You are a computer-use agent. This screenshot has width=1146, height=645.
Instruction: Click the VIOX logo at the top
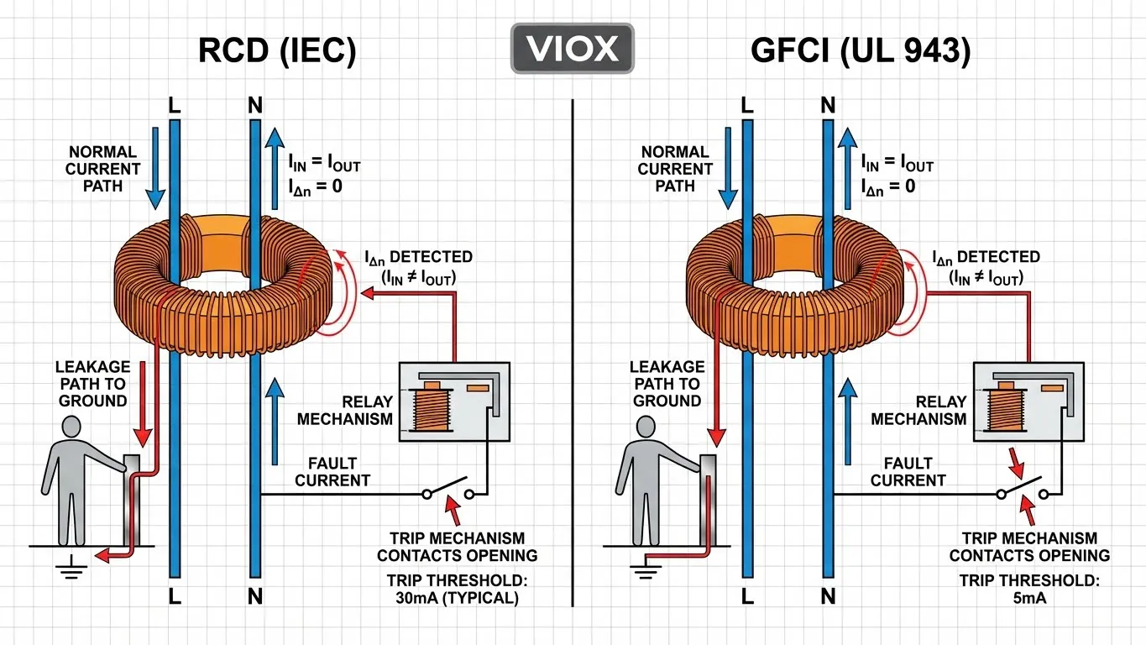click(x=572, y=48)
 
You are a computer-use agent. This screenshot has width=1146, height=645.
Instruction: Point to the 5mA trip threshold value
click(x=1028, y=599)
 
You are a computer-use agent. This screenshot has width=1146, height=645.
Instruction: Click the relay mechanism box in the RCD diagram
click(x=454, y=401)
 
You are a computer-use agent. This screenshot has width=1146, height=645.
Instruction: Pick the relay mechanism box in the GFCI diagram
click(x=1028, y=401)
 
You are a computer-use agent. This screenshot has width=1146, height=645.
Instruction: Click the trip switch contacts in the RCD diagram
click(x=448, y=490)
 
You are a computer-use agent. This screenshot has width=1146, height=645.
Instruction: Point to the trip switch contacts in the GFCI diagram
click(x=1022, y=490)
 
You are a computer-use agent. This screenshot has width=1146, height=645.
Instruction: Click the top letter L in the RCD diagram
click(x=175, y=106)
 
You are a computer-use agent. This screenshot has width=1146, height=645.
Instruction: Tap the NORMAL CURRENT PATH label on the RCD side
click(x=102, y=169)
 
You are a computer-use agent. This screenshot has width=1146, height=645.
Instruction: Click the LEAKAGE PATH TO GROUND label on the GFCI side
click(x=668, y=384)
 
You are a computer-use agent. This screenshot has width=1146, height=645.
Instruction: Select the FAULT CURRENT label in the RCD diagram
click(x=332, y=472)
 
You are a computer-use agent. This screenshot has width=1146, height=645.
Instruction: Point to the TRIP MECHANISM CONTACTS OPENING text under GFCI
click(x=1029, y=547)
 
